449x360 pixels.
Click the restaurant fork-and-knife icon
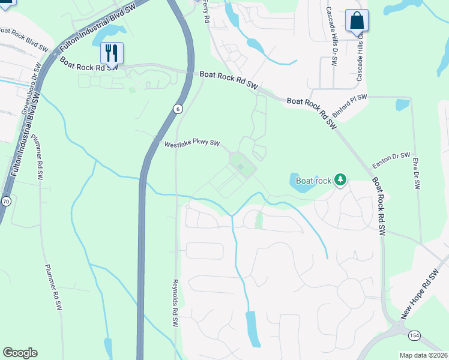click(112, 53)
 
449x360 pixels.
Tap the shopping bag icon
click(357, 21)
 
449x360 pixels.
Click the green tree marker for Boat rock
click(340, 179)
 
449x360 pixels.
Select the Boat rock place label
click(313, 181)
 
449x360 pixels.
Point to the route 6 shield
click(178, 109)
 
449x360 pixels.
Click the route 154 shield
click(414, 334)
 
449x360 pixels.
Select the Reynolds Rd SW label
click(175, 302)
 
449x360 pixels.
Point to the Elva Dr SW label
click(415, 173)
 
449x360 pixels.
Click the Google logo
click(20, 353)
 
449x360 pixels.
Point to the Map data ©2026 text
click(423, 355)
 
